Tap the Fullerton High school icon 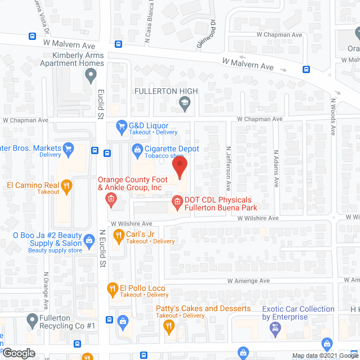pyautogui.click(x=184, y=102)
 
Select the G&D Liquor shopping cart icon pyautogui.click(x=120, y=126)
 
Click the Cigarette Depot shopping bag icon pyautogui.click(x=137, y=149)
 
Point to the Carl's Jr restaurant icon pyautogui.click(x=119, y=235)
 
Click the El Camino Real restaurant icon pyautogui.click(x=67, y=185)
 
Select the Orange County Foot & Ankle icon pyautogui.click(x=111, y=199)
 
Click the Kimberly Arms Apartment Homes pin pyautogui.click(x=88, y=76)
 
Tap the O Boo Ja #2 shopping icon pyautogui.click(x=89, y=240)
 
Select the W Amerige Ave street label pyautogui.click(x=249, y=281)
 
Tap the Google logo pyautogui.click(x=19, y=353)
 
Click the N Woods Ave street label pyautogui.click(x=333, y=117)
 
